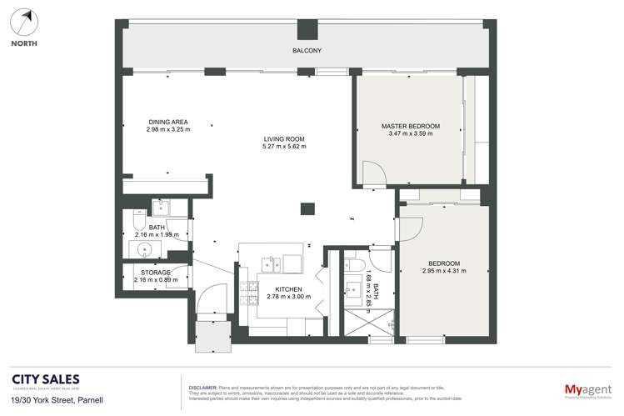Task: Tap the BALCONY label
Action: (x=307, y=51)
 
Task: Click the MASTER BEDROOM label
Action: (x=410, y=126)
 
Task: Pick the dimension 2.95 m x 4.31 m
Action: (x=445, y=271)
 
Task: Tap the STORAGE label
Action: (x=156, y=273)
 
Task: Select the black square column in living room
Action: (x=307, y=209)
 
